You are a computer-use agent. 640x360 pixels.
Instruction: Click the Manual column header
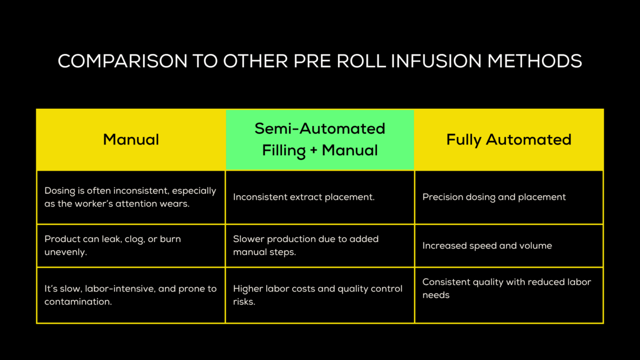(x=131, y=140)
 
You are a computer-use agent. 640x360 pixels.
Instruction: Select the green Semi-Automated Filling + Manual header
(x=319, y=140)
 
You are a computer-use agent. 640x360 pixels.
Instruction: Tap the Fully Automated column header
(x=509, y=140)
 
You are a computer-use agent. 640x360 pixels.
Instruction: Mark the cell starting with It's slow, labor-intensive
(x=131, y=295)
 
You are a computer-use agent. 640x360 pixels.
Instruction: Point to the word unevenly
(x=65, y=252)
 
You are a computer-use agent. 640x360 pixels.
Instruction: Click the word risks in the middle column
(x=244, y=301)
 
